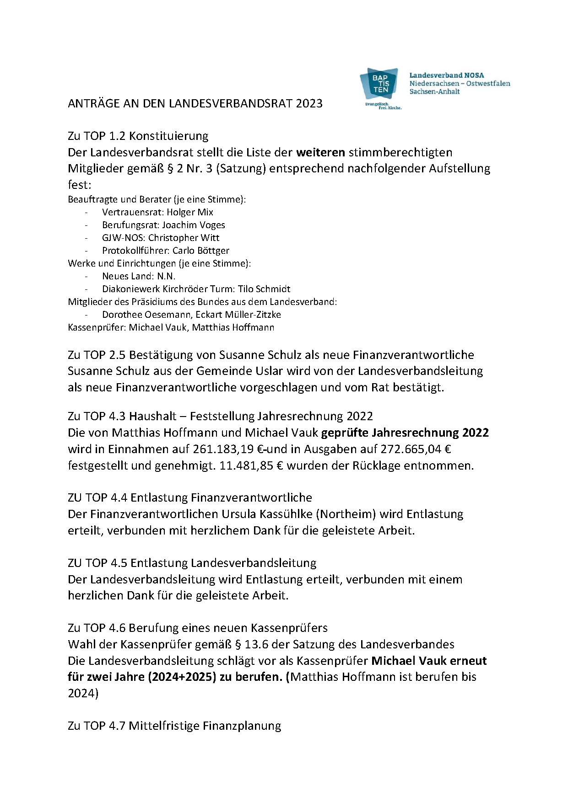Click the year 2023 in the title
coord(309,103)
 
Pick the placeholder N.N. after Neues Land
coord(166,276)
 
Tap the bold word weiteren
coord(321,152)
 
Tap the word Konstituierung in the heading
coord(168,136)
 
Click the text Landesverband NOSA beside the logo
coord(446,75)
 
